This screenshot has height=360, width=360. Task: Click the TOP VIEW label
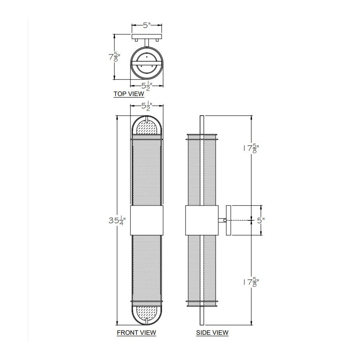[x=129, y=94]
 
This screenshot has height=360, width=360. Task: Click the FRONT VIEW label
[x=136, y=333]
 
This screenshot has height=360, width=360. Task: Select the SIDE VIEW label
[x=212, y=333]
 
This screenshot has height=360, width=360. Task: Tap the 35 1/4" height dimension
[x=117, y=221]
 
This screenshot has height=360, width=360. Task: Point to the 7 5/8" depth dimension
[x=114, y=57]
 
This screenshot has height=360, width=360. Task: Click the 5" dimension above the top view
[x=146, y=25]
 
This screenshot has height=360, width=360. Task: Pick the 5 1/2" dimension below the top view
[x=147, y=86]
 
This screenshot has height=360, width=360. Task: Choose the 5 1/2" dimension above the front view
[x=147, y=106]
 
